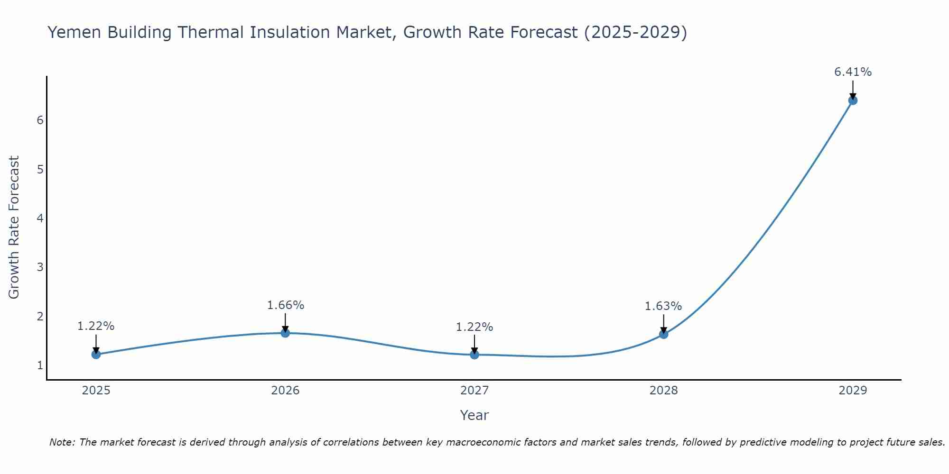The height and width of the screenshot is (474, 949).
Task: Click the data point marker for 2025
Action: tap(96, 354)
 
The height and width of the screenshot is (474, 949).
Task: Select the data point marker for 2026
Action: tap(285, 333)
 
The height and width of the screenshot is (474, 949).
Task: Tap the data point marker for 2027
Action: tap(474, 354)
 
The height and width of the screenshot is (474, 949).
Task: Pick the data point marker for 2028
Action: tap(663, 334)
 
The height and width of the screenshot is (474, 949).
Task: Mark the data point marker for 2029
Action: tap(853, 100)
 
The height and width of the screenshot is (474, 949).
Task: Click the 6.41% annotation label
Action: tap(853, 72)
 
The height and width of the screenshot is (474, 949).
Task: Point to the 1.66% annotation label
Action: tap(285, 305)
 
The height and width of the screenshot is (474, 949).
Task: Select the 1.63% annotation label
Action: tap(663, 306)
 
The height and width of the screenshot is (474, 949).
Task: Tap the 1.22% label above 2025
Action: tap(96, 326)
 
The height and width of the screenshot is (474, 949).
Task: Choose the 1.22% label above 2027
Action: tap(474, 327)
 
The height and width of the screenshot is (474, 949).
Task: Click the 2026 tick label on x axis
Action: tap(285, 391)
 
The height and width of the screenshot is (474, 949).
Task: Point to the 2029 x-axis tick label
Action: tap(853, 391)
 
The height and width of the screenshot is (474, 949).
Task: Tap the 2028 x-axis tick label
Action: tap(663, 391)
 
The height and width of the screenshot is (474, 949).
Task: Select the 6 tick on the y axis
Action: tap(40, 120)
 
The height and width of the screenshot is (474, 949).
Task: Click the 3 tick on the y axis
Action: tap(40, 267)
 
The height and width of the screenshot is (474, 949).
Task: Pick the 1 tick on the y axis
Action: tap(40, 365)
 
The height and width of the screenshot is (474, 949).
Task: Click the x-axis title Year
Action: tap(474, 415)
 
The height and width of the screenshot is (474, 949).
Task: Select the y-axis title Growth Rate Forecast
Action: tap(14, 228)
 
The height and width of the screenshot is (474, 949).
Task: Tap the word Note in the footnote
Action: tap(62, 442)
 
